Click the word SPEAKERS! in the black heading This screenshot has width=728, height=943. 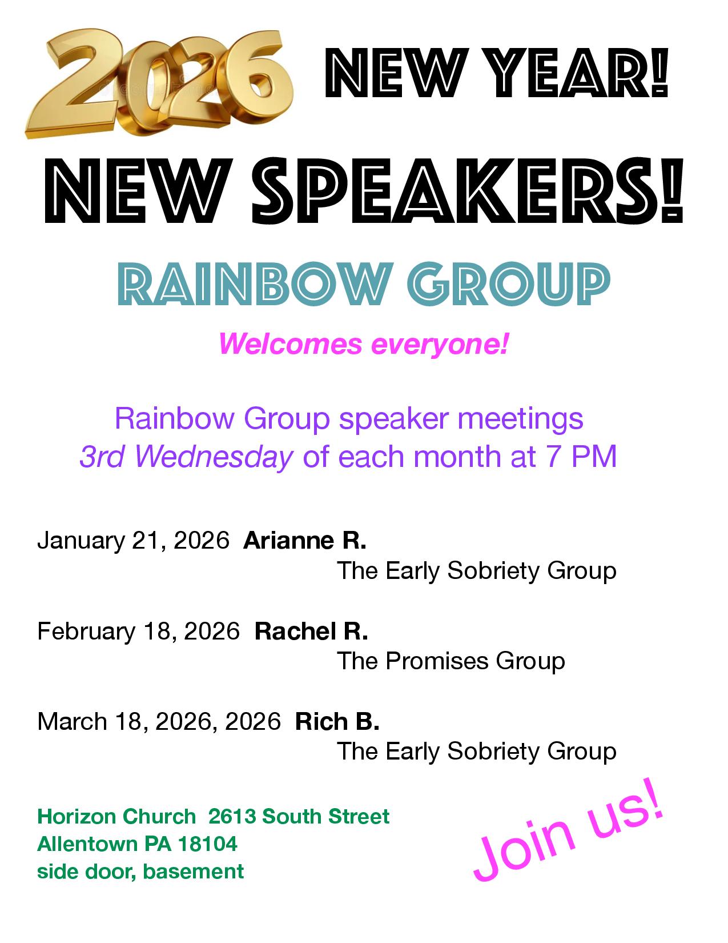468,191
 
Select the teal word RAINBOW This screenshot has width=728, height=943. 253,284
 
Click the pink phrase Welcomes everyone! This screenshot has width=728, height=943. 363,344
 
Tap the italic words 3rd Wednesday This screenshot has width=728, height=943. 187,457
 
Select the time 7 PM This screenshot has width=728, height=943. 584,457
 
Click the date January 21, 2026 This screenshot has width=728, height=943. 133,541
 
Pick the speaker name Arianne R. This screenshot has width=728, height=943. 305,540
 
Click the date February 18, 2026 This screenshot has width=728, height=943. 138,632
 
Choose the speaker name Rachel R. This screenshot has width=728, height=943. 311,631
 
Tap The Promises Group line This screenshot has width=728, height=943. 451,661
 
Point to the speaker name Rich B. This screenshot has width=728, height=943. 337,721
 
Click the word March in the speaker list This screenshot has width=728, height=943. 72,721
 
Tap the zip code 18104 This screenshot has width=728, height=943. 208,844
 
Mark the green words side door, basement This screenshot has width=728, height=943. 140,872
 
